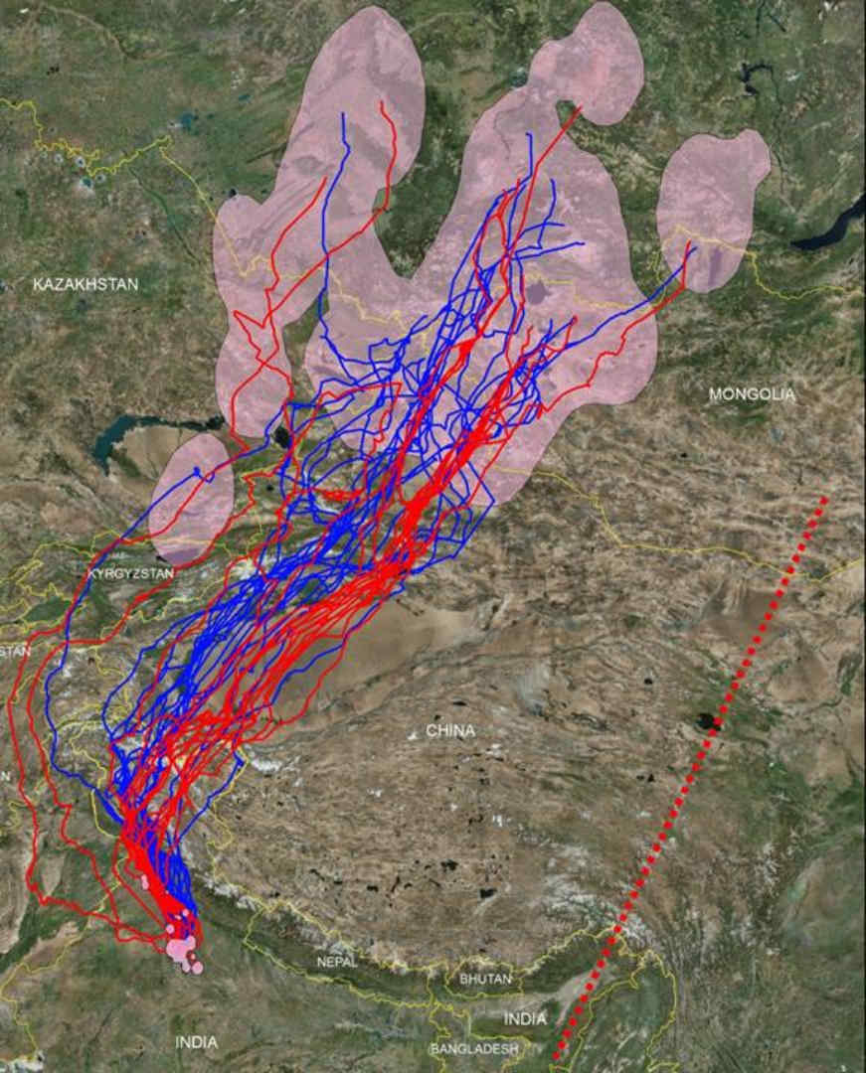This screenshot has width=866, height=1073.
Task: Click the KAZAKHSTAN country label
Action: [86, 285]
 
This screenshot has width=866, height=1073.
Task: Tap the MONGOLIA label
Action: [752, 394]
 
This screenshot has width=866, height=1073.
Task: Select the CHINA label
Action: [450, 731]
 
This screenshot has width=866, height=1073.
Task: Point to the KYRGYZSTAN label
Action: [130, 574]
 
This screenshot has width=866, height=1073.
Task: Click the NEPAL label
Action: [336, 962]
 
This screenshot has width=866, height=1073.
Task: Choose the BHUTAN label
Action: [486, 980]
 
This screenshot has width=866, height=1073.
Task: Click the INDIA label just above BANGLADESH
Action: [525, 1019]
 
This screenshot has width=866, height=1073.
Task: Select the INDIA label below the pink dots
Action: [196, 1042]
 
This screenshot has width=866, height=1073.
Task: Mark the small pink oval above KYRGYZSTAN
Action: [193, 497]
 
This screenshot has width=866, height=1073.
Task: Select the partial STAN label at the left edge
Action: [14, 651]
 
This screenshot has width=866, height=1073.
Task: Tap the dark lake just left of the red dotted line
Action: [707, 720]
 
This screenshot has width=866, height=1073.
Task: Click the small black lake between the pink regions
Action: [283, 436]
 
